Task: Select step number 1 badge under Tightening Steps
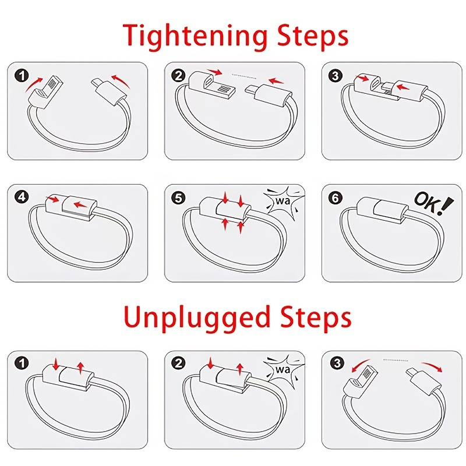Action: tap(22, 75)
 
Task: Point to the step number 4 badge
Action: tap(22, 197)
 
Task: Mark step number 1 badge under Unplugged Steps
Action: tap(22, 363)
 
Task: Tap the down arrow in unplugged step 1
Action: tap(56, 365)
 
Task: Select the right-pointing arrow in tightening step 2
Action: tap(215, 72)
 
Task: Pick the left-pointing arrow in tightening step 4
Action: tap(80, 205)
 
